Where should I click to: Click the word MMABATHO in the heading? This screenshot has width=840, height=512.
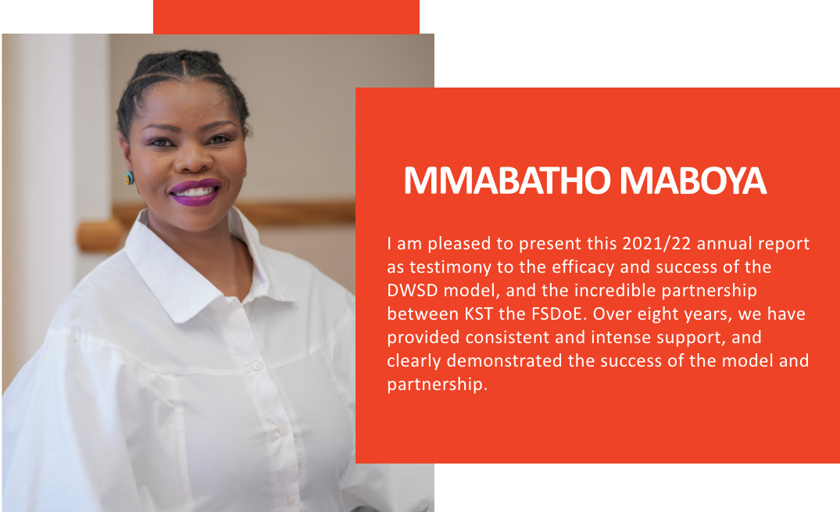click(507, 181)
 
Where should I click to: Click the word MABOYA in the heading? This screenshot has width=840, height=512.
click(693, 181)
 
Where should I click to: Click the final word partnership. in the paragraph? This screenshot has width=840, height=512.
click(437, 385)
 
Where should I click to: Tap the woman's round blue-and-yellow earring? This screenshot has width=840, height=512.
click(129, 178)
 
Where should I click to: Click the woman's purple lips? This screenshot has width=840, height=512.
click(195, 192)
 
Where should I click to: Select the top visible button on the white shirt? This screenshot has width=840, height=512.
click(256, 366)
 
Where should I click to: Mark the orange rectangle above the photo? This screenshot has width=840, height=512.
click(286, 16)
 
